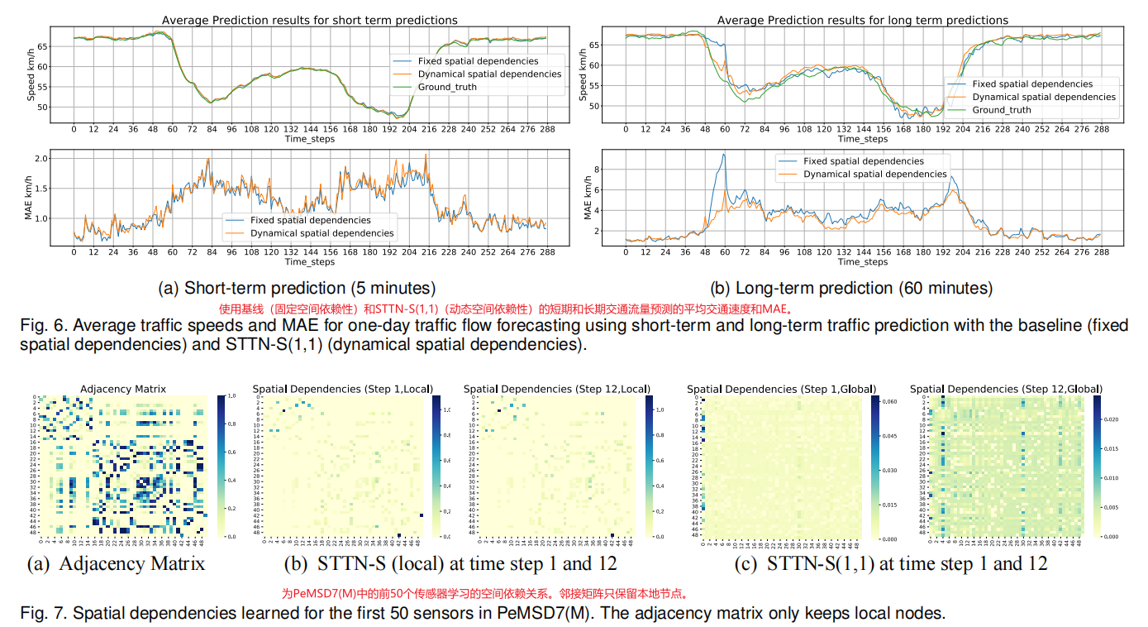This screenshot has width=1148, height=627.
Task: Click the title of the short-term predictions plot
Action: click(x=309, y=20)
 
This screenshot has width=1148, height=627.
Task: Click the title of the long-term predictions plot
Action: click(x=862, y=20)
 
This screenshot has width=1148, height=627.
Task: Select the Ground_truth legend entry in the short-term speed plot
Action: click(x=447, y=87)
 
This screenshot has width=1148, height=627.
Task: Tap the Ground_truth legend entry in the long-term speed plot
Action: click(x=1001, y=110)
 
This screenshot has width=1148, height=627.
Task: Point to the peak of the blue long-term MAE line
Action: click(x=724, y=155)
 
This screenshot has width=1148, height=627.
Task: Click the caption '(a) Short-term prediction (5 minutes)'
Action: click(x=297, y=288)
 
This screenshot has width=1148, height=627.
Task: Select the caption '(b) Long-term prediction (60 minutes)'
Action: click(x=851, y=288)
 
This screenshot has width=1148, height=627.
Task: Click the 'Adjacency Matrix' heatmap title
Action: click(x=122, y=389)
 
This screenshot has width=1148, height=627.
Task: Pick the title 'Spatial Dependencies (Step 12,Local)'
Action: click(x=556, y=389)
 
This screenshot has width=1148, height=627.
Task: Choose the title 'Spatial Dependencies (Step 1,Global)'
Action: click(x=781, y=389)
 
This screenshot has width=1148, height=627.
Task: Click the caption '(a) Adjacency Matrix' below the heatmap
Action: click(x=116, y=564)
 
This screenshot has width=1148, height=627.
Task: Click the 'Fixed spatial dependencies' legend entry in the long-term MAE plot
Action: click(x=864, y=161)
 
